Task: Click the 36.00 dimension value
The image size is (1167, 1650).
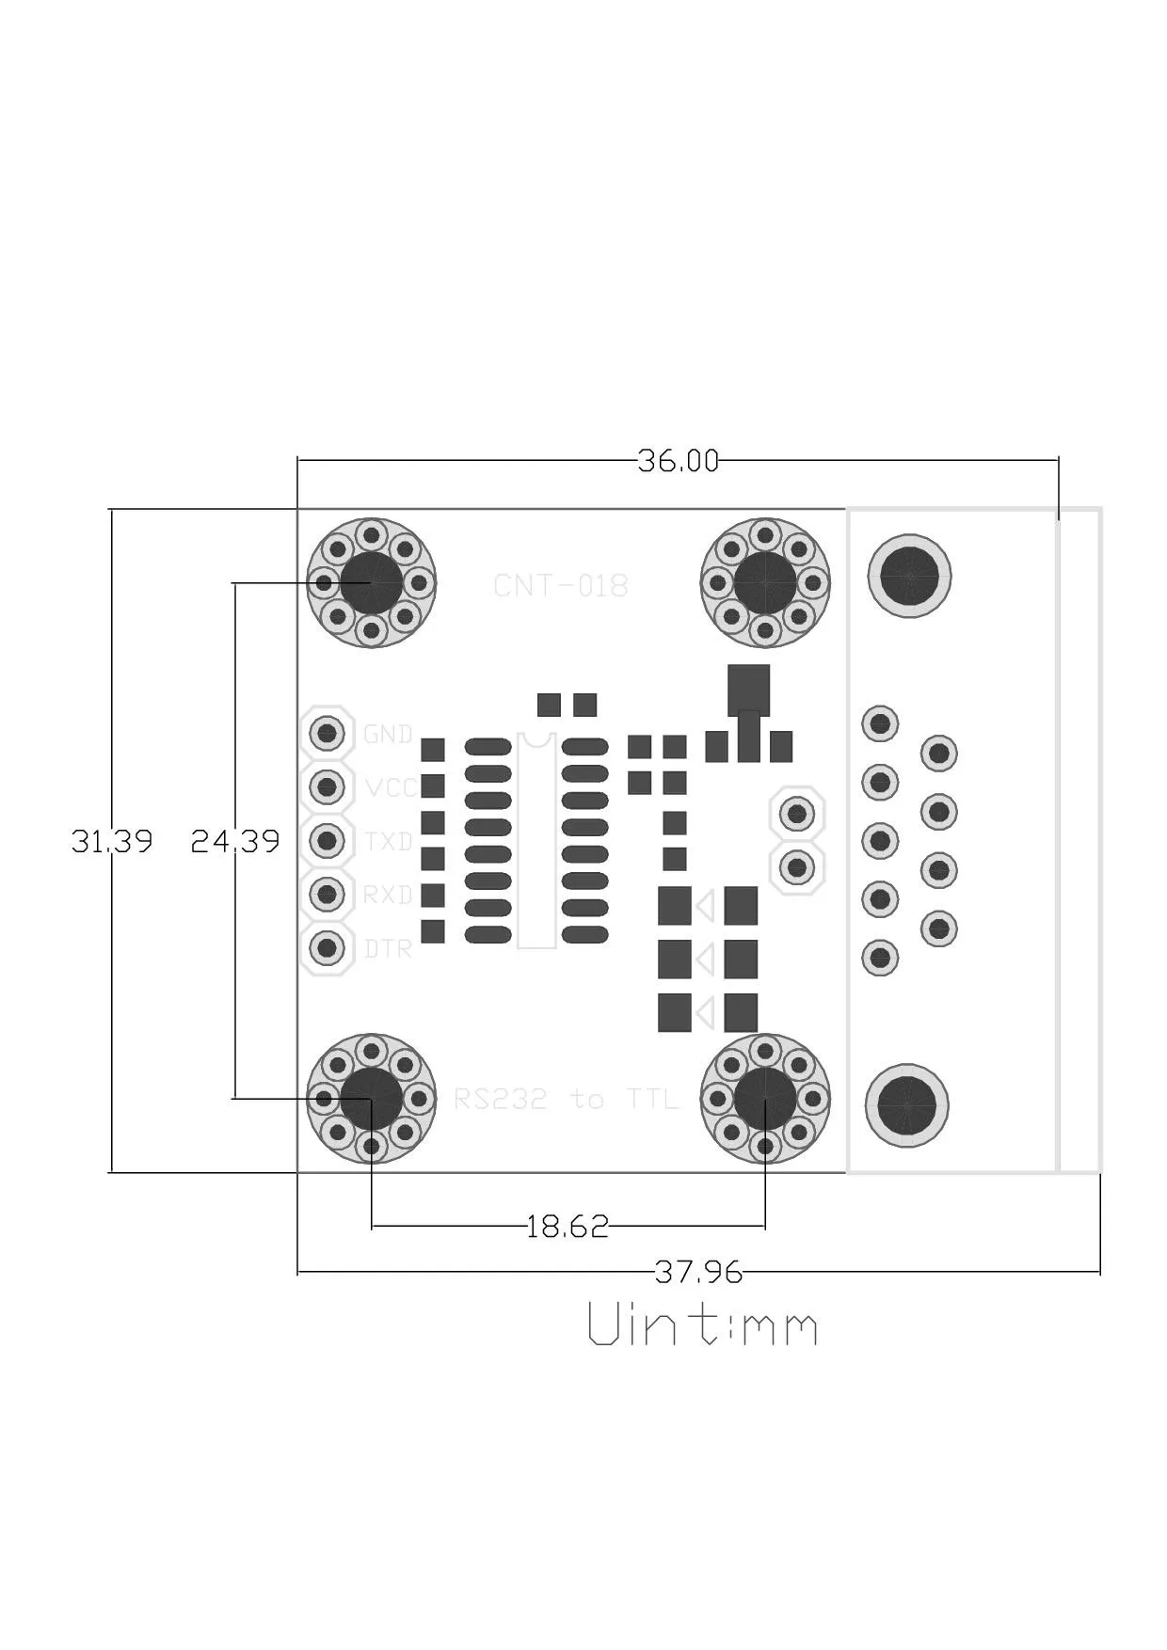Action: click(x=678, y=461)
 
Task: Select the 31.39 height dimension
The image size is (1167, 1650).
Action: click(x=112, y=840)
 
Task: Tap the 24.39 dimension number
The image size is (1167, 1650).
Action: click(x=235, y=840)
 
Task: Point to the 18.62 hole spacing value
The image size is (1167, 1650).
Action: click(x=568, y=1226)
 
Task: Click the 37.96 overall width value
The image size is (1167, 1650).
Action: click(x=698, y=1272)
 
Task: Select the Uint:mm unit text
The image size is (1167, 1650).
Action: click(x=702, y=1325)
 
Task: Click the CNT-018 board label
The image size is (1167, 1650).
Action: click(x=560, y=586)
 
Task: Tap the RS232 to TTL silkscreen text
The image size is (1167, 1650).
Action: click(x=566, y=1099)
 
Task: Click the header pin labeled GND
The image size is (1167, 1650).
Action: click(x=327, y=732)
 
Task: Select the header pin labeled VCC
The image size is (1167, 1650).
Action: click(x=327, y=785)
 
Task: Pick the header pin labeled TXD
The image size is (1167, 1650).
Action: click(x=327, y=839)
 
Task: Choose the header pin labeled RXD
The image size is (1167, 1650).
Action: click(x=327, y=893)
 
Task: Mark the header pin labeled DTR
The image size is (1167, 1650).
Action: click(x=327, y=946)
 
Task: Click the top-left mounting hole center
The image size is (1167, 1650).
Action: click(x=372, y=583)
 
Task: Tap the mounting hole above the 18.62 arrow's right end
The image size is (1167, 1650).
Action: click(x=765, y=1098)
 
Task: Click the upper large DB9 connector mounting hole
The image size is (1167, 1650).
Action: click(x=909, y=576)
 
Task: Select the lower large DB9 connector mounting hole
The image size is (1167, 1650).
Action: click(x=907, y=1106)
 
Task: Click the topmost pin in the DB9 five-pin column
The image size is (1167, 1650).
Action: click(x=880, y=723)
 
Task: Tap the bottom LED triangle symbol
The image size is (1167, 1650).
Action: click(x=705, y=1013)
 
